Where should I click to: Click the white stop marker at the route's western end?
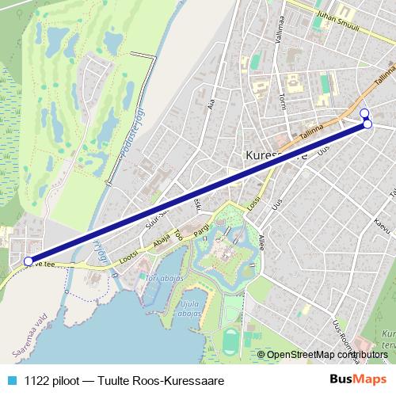[x=29, y=261]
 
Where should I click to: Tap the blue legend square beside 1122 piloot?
[x=11, y=381]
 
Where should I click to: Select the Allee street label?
[x=261, y=241]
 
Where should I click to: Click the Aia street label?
[x=211, y=103]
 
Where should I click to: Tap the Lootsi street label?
[x=129, y=259]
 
